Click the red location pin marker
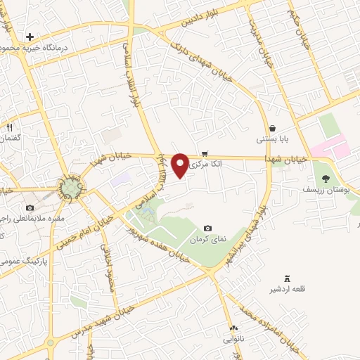point(180,165)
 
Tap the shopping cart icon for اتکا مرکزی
point(205,153)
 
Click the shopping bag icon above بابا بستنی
point(272,129)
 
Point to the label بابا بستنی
point(270,139)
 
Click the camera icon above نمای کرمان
point(207,229)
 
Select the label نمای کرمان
point(209,239)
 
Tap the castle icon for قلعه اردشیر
point(286,279)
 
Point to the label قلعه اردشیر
point(285,290)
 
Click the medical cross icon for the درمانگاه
point(30,37)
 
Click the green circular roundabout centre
point(71,188)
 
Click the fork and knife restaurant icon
point(10,128)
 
